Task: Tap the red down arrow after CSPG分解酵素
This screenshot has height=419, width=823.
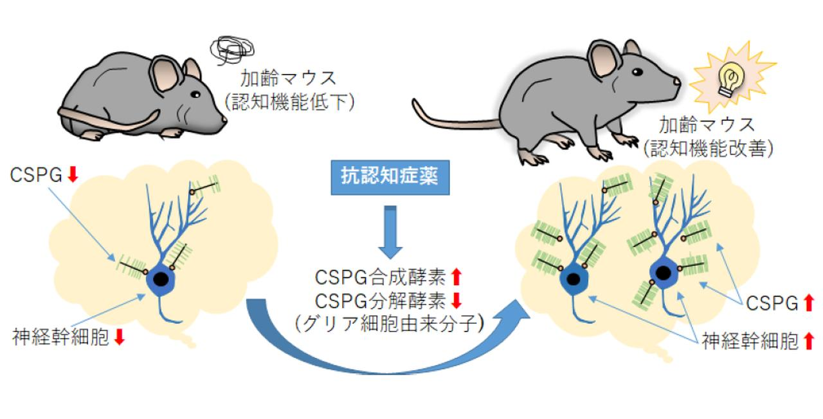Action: (x=457, y=300)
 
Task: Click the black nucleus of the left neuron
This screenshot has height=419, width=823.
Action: (x=163, y=281)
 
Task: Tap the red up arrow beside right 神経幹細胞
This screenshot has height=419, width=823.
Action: (x=809, y=340)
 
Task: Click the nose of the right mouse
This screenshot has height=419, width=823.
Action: (x=678, y=82)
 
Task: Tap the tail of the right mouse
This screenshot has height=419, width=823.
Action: (x=450, y=118)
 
